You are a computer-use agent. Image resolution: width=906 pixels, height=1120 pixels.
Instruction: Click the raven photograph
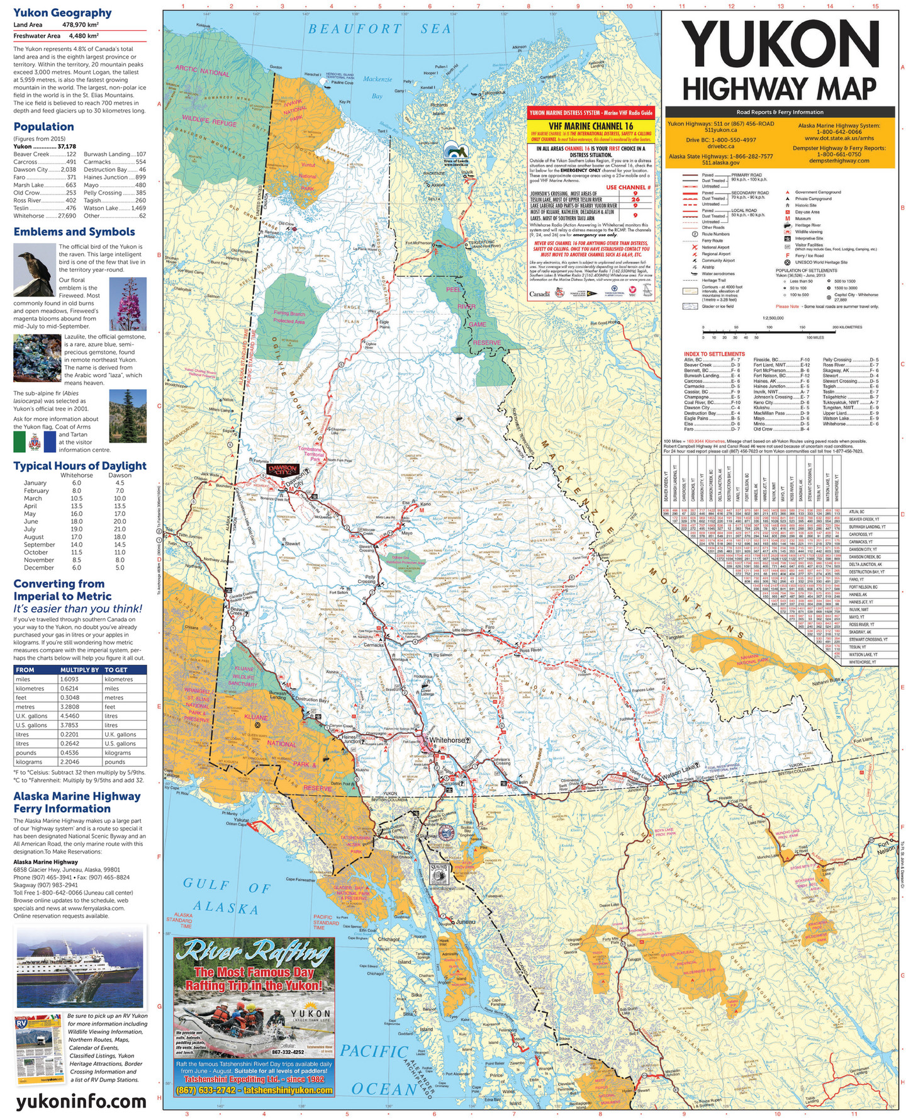click(35, 269)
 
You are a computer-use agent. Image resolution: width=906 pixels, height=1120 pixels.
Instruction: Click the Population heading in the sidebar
click(43, 127)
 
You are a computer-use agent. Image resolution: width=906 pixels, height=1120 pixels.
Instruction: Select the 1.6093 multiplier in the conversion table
click(69, 679)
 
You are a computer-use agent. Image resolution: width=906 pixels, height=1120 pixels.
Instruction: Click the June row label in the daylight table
click(31, 521)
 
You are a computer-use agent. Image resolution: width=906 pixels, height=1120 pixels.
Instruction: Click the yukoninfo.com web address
click(81, 1102)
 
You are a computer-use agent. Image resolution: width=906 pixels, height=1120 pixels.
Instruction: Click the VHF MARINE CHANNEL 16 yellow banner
click(590, 126)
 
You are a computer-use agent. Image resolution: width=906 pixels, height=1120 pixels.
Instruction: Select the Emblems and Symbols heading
click(74, 232)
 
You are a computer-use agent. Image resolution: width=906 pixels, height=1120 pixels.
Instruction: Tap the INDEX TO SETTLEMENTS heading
click(714, 354)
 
